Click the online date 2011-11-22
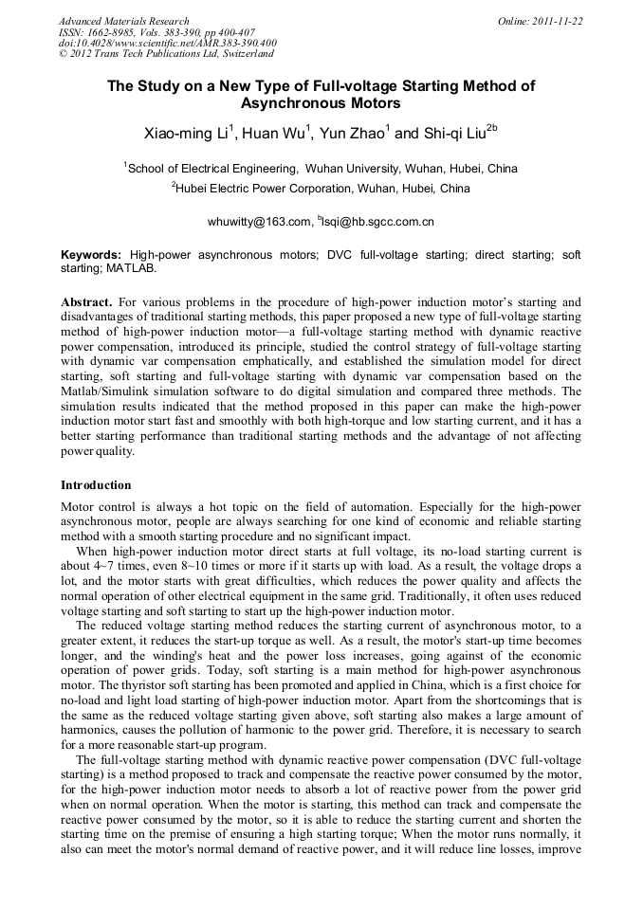[x=558, y=21]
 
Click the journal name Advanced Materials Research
[x=123, y=21]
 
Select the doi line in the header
[x=167, y=43]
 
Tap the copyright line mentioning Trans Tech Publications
[x=166, y=54]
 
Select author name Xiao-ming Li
[x=185, y=134]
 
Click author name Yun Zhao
[x=352, y=134]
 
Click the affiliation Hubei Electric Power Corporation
[x=322, y=189]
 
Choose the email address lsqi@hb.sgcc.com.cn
[x=378, y=223]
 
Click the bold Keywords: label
[x=91, y=256]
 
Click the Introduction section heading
[x=96, y=484]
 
